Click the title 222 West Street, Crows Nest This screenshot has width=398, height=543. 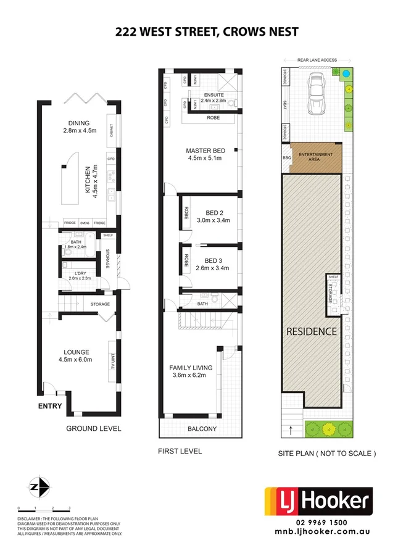click(x=199, y=32)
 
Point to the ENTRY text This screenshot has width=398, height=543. click(x=50, y=405)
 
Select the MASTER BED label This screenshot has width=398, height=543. click(x=205, y=151)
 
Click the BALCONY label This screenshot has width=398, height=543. click(x=199, y=427)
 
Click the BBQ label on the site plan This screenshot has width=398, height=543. click(x=286, y=158)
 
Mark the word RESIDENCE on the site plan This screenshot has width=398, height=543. click(x=312, y=331)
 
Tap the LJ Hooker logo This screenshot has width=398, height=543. click(x=318, y=501)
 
